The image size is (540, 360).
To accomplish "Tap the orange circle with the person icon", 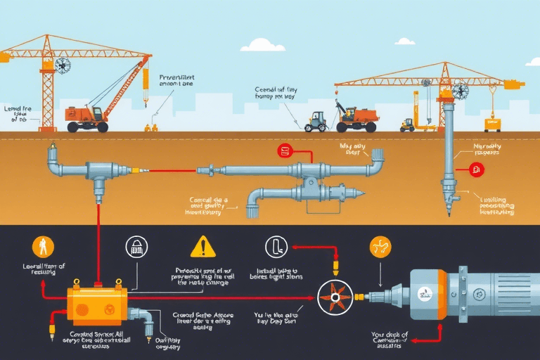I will point(44,246).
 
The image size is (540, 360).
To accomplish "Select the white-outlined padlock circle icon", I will point(136,246).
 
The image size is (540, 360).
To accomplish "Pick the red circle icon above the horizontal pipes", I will point(285,150).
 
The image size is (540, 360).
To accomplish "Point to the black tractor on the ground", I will point(316,122).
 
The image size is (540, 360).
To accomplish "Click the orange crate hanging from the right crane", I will point(492,124).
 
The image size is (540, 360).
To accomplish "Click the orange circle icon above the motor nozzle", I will point(380,247).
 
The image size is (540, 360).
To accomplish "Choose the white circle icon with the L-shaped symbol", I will point(276,246).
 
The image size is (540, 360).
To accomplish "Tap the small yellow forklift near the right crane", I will point(408,124).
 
